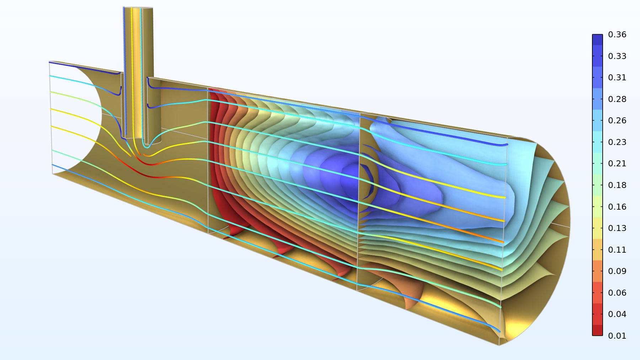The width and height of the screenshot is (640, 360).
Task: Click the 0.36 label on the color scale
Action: [617, 34]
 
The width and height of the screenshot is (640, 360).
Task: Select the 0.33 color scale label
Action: [617, 56]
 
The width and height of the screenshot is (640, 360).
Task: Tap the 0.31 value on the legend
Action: [617, 77]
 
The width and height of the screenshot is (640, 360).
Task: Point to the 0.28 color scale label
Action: [617, 99]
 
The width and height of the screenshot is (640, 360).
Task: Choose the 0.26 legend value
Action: [617, 120]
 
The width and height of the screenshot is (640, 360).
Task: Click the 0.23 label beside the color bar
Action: [617, 142]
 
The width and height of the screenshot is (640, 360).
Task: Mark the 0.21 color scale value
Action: [617, 163]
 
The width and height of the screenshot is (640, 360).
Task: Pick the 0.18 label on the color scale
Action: [617, 185]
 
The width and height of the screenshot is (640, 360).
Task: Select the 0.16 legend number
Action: [617, 207]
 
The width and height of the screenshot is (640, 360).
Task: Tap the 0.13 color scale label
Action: [617, 228]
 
